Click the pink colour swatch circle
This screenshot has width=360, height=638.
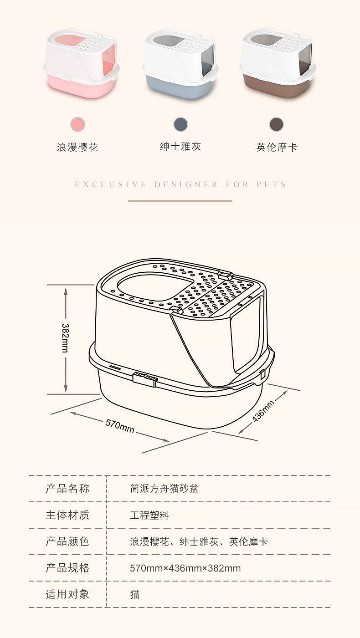(78, 124)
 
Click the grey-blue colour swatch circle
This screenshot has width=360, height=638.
(181, 124)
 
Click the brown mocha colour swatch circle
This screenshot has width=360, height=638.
(277, 124)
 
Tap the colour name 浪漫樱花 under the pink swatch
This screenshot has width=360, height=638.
(77, 147)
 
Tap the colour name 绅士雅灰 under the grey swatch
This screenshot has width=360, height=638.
(180, 146)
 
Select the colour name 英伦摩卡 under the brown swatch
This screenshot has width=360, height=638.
(277, 147)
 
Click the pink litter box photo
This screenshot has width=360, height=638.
(82, 63)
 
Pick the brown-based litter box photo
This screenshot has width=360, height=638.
(278, 63)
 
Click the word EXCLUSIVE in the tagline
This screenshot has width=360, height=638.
(111, 184)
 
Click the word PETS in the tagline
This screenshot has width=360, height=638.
(271, 184)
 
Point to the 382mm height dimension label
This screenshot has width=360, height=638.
(65, 338)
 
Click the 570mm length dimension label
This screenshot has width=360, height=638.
(120, 426)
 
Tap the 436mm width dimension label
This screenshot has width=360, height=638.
(263, 411)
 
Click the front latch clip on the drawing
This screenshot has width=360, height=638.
(145, 379)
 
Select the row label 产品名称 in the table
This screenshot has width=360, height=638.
(67, 488)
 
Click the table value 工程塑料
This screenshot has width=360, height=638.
(149, 515)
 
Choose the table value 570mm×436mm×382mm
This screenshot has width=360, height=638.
(185, 568)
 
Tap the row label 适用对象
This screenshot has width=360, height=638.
(67, 594)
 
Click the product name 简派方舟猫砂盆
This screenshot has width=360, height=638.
(165, 489)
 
